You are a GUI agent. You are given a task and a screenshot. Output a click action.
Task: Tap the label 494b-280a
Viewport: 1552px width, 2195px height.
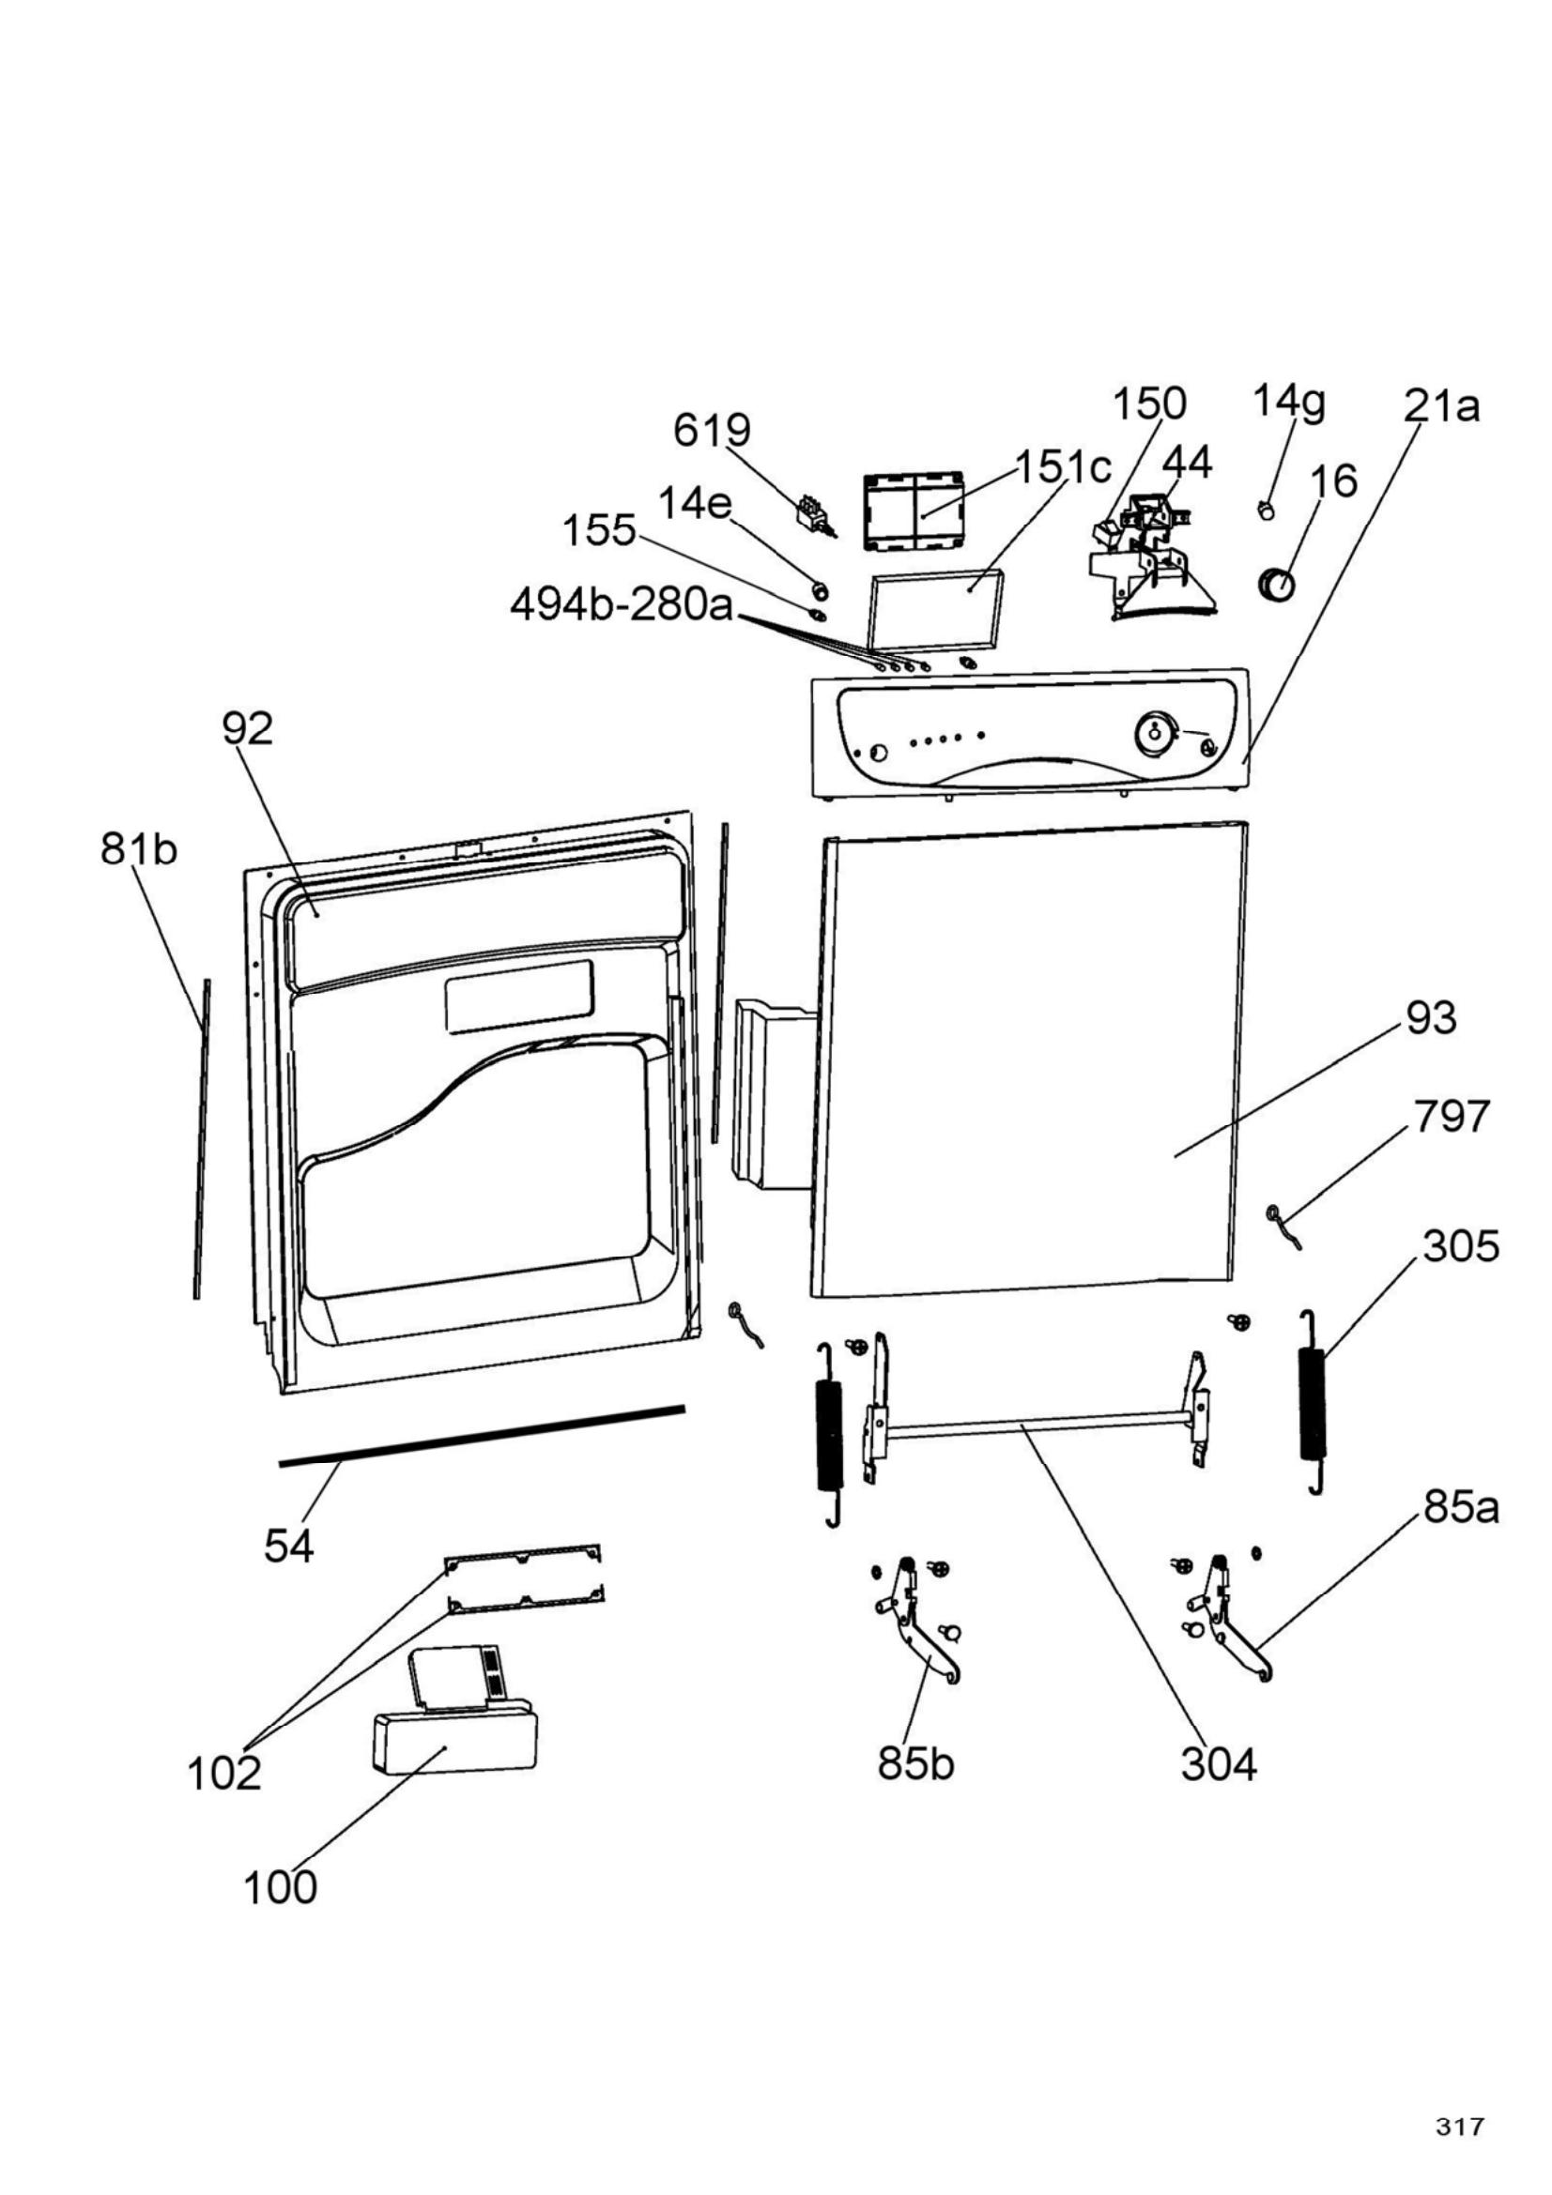pos(622,605)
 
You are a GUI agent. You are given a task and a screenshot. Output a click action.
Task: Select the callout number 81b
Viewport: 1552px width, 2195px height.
pos(139,849)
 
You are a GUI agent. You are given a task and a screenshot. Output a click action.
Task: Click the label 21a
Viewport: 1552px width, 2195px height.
pos(1442,407)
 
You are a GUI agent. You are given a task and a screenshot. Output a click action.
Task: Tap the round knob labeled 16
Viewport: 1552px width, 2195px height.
pos(1275,584)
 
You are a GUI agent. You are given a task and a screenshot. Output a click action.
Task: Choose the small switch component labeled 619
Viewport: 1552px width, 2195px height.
pos(815,513)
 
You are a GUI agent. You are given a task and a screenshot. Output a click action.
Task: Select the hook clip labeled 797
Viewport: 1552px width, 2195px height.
pos(1282,1225)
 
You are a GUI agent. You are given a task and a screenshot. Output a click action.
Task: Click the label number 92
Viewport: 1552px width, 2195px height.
pos(248,728)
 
